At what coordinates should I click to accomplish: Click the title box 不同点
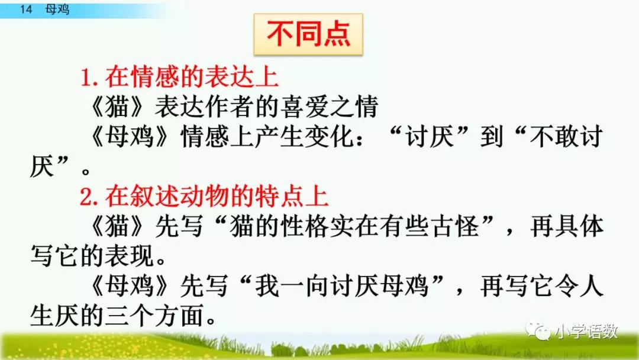pos(308,35)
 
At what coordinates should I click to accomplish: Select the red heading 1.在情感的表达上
pos(179,78)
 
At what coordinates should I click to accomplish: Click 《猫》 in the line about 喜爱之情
pos(115,108)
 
